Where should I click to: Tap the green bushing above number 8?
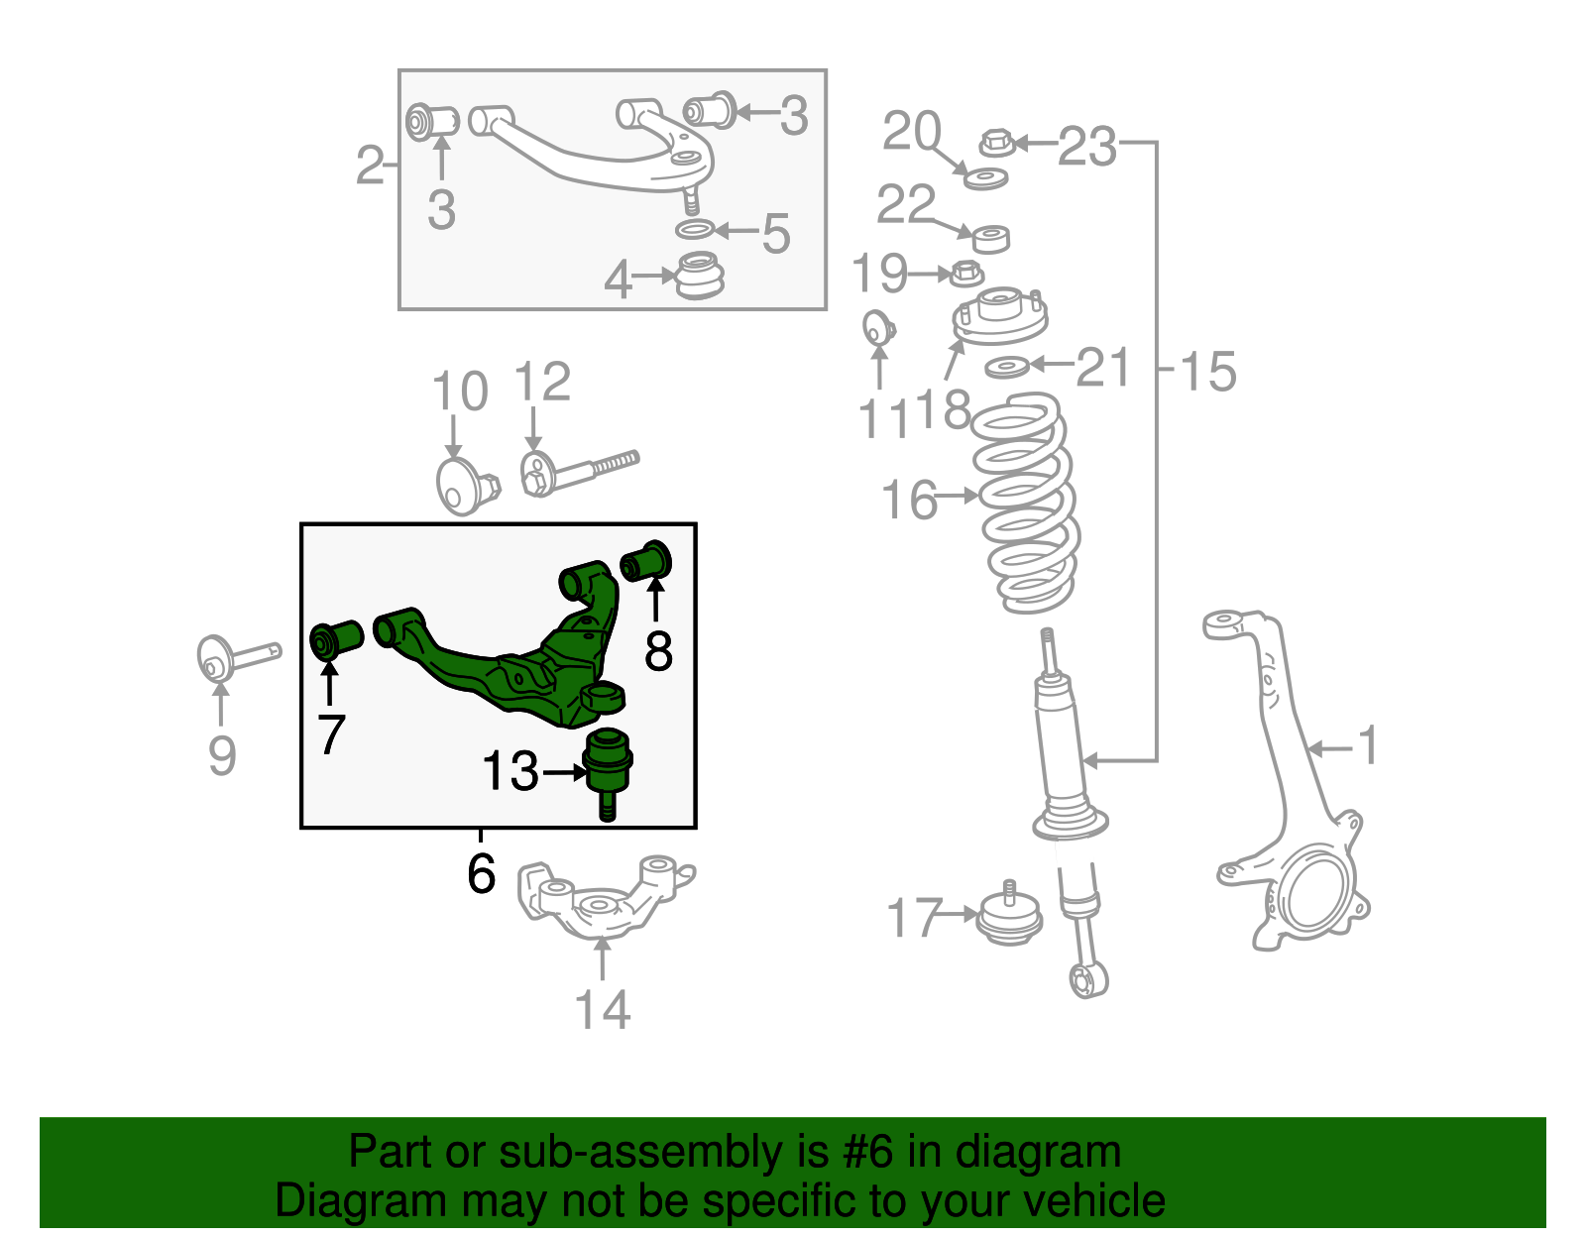click(x=646, y=561)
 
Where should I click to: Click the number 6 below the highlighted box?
click(x=481, y=873)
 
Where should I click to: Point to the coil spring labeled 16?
click(x=1026, y=501)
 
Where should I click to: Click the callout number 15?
click(x=1207, y=372)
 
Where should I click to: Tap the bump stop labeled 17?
click(x=1008, y=917)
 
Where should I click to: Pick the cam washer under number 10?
click(x=458, y=486)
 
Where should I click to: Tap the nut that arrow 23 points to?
click(x=996, y=144)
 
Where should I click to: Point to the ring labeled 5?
click(x=695, y=231)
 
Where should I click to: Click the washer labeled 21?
click(x=1007, y=368)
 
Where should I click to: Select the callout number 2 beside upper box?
click(x=369, y=165)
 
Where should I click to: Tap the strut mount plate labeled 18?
click(x=999, y=317)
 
